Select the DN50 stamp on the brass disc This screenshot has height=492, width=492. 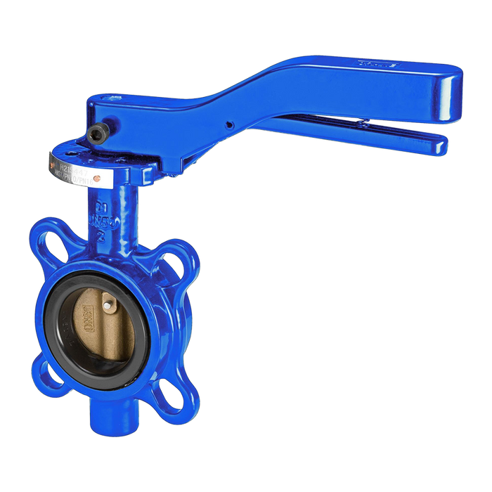coord(85,309)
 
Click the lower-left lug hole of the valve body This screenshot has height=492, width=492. coord(50,370)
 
